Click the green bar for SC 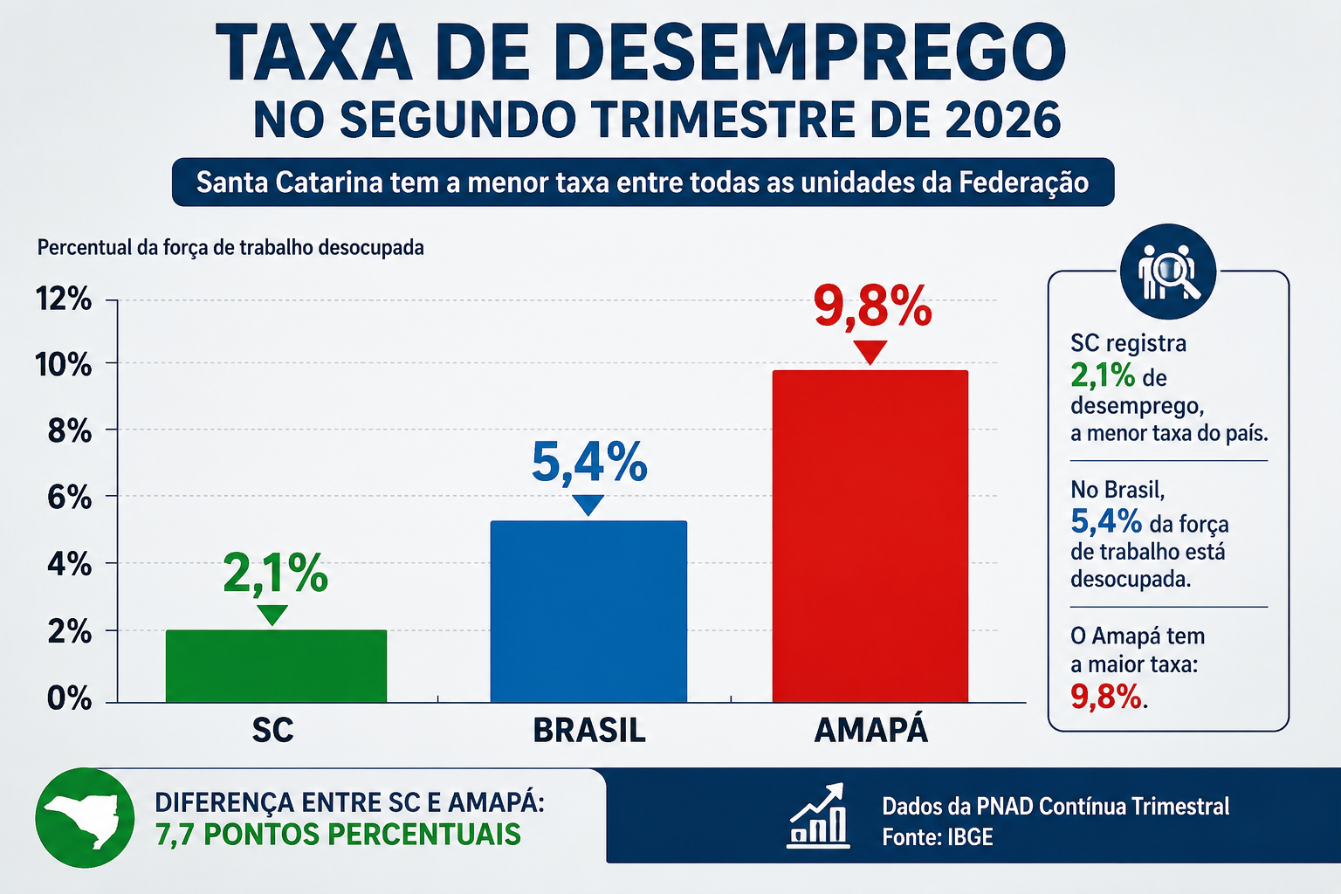(x=276, y=666)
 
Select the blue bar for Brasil (x=588, y=611)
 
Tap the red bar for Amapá (x=870, y=536)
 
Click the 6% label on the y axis (x=70, y=497)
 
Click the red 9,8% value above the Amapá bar (x=872, y=306)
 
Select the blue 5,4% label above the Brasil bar (x=589, y=461)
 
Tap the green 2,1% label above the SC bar (x=275, y=573)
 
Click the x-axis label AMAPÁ (x=871, y=729)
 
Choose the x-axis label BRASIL (x=589, y=730)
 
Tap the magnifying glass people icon (x=1168, y=271)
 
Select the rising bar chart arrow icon (x=818, y=815)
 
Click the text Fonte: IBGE (x=938, y=836)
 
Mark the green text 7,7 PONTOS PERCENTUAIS (x=338, y=834)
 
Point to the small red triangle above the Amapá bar (x=870, y=352)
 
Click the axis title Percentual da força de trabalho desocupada (x=230, y=248)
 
